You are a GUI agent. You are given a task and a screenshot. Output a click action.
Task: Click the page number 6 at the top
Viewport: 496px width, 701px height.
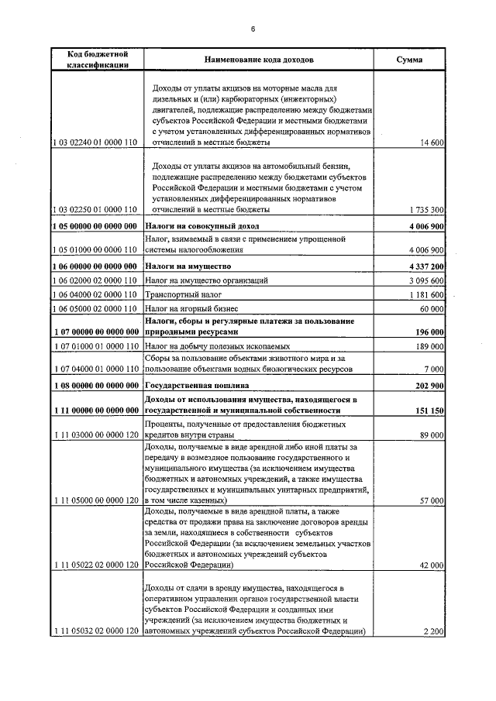point(253,29)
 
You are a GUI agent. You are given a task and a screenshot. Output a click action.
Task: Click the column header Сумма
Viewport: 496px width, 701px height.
point(409,60)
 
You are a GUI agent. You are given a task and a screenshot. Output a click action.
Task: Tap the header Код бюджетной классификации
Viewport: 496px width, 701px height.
point(97,60)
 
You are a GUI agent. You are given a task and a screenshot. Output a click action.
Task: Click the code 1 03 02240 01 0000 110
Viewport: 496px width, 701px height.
point(96,143)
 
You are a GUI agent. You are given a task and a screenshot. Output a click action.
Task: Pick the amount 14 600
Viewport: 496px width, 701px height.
point(431,143)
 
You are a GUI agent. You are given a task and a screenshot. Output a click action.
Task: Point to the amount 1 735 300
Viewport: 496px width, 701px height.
point(425,210)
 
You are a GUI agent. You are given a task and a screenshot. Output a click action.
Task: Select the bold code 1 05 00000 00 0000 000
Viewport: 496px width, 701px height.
point(96,225)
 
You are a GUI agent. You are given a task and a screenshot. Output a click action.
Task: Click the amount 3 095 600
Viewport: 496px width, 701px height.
point(425,280)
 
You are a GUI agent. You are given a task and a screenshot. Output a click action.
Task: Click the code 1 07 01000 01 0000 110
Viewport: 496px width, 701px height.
point(96,347)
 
